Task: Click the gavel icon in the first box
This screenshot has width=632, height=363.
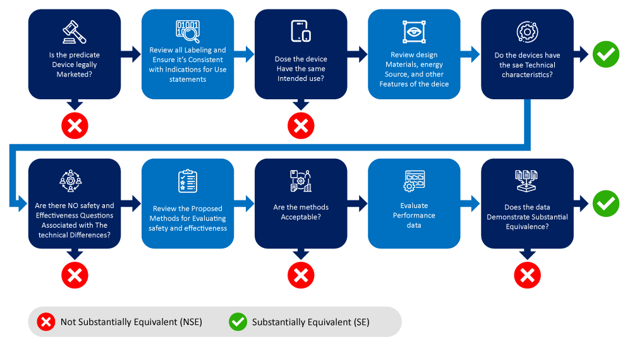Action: point(74,31)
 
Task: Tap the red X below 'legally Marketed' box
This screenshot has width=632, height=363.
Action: point(75,126)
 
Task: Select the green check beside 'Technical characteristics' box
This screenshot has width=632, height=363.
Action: point(606,54)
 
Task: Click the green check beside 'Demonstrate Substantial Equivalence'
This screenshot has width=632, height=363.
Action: point(606,204)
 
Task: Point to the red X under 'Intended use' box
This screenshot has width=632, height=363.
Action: point(301,126)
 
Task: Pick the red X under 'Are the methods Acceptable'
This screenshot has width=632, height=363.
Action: point(301,275)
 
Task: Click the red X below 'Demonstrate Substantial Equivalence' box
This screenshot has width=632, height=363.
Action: point(527,275)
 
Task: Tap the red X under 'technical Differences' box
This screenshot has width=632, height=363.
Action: point(75,275)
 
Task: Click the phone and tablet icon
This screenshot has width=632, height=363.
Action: point(301,31)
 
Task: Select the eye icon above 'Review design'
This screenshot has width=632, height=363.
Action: point(414,32)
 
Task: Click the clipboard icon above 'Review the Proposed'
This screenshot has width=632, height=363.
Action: point(188,181)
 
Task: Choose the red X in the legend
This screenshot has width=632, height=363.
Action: point(46,322)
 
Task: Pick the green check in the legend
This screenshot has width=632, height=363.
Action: point(238,322)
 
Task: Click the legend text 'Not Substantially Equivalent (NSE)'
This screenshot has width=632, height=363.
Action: point(131,322)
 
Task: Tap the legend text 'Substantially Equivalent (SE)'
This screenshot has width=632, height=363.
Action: point(310,322)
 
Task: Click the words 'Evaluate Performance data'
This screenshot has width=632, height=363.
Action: point(414,215)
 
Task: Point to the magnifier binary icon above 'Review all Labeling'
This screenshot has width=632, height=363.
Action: point(188,32)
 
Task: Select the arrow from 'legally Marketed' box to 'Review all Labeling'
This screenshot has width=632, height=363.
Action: point(131,54)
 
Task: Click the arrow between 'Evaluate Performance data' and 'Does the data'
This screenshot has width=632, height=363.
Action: point(471,204)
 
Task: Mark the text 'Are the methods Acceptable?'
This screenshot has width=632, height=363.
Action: point(301,212)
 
